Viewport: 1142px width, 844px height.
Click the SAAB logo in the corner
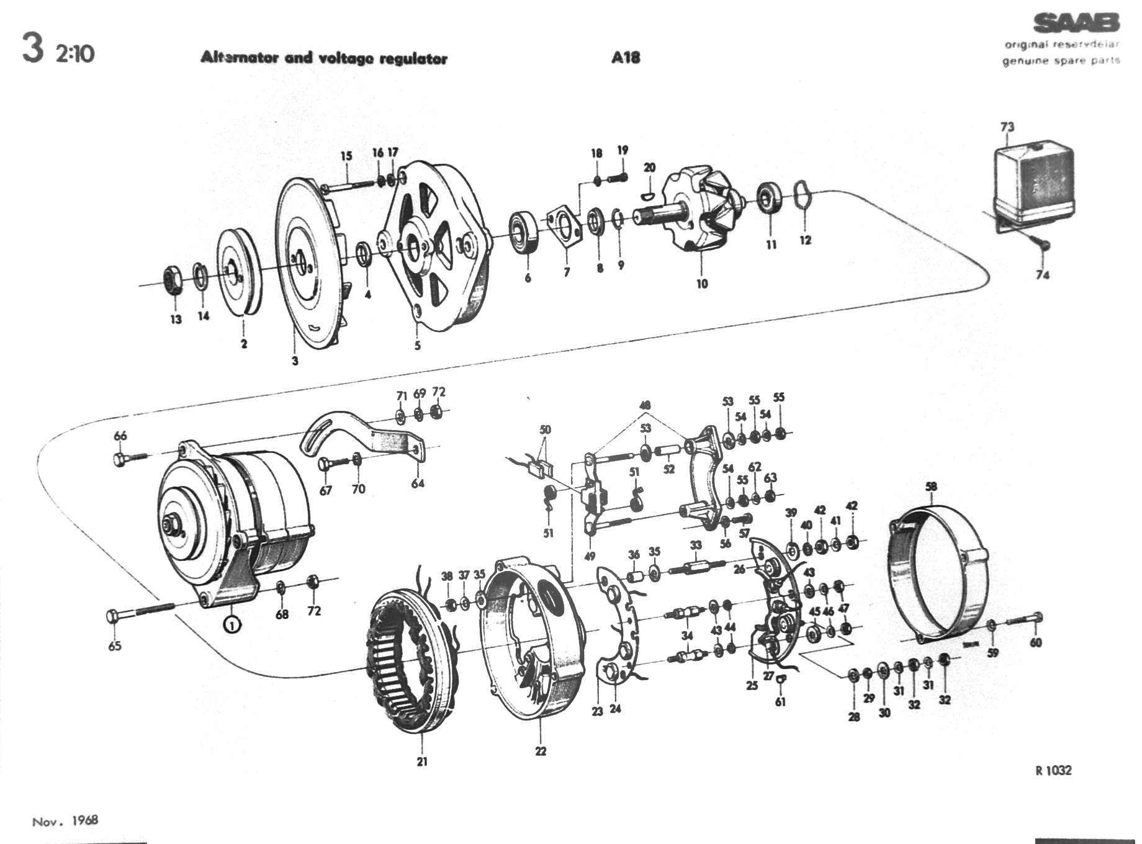click(x=1076, y=24)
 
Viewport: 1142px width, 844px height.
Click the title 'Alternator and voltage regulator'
click(x=323, y=58)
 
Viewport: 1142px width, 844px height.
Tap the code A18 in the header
click(x=625, y=58)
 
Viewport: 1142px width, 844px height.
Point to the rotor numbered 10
click(x=698, y=211)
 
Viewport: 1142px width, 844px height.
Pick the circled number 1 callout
click(x=232, y=625)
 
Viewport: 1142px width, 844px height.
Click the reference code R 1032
click(x=1053, y=770)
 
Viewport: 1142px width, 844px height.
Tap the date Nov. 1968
click(x=65, y=821)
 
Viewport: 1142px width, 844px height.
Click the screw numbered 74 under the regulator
click(x=1043, y=245)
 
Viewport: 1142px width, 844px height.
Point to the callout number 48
click(x=645, y=406)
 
